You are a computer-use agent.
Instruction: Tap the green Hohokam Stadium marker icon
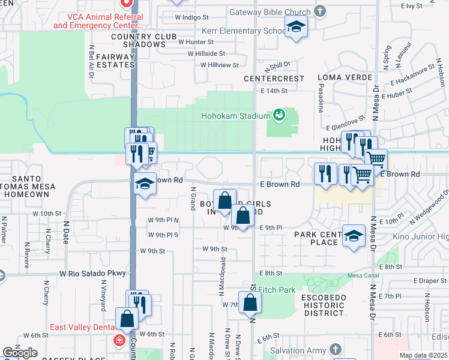pos(279,114)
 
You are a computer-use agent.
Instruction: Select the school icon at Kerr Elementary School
pos(296,27)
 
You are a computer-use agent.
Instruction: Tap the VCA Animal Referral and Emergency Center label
pos(98,22)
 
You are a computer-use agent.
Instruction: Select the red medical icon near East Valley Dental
pos(119,340)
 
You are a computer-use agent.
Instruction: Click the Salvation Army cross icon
pos(334,349)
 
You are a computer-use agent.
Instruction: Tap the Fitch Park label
pos(277,290)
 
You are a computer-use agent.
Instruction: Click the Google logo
pos(20,353)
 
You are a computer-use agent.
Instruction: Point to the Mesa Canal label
pos(361,276)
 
